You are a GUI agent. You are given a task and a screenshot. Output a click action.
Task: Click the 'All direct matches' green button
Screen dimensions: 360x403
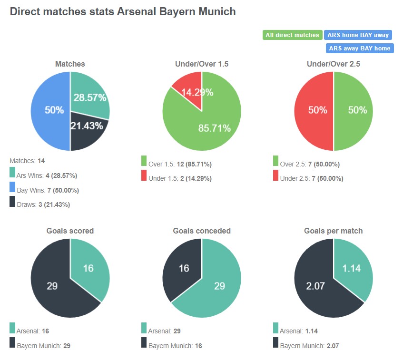[292, 35]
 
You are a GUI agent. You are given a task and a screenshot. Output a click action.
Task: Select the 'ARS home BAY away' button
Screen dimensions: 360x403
[358, 35]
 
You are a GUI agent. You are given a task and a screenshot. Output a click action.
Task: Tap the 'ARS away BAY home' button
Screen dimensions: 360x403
[360, 48]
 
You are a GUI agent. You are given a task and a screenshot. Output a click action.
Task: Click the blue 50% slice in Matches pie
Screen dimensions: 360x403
[50, 110]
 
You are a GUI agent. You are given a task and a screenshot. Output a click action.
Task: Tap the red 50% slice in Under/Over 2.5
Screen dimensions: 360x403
[314, 110]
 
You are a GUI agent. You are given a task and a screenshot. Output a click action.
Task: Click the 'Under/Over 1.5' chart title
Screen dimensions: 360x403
[201, 64]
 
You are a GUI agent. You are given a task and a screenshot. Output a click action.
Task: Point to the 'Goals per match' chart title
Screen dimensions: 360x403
[333, 231]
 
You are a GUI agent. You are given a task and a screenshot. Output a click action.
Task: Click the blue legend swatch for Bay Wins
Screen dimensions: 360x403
[12, 188]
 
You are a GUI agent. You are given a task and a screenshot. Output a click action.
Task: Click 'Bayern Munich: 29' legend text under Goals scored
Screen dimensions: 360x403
[43, 346]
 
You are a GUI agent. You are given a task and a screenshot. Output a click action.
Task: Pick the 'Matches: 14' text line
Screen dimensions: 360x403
[27, 161]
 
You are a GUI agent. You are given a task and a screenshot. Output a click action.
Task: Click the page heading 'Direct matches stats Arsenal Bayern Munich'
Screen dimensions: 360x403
[123, 11]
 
